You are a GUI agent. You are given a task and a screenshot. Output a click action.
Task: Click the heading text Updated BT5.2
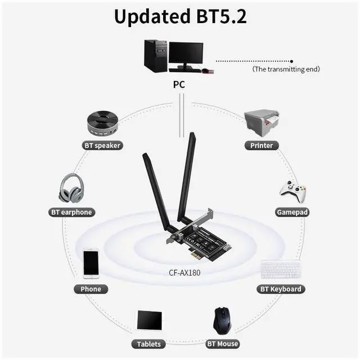pyautogui.click(x=180, y=17)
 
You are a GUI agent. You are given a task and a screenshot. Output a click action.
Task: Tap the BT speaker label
pyautogui.click(x=102, y=145)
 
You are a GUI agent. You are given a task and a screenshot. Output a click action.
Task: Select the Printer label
pyautogui.click(x=262, y=145)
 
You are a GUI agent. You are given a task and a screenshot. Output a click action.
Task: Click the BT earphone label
pyautogui.click(x=71, y=212)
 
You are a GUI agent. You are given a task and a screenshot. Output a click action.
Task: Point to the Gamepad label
pyautogui.click(x=292, y=212)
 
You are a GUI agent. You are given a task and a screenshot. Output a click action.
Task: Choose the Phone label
pyautogui.click(x=91, y=289)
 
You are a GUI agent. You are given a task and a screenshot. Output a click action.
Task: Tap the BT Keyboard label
pyautogui.click(x=281, y=289)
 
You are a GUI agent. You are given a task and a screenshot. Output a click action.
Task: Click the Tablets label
pyautogui.click(x=149, y=344)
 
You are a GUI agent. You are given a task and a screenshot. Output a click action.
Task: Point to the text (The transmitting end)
pyautogui.click(x=286, y=69)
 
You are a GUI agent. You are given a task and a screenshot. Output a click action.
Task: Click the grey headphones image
pyautogui.click(x=71, y=188)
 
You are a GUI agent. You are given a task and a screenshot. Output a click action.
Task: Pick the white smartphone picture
pyautogui.click(x=91, y=263)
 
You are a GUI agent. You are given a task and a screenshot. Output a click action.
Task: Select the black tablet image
pyautogui.click(x=150, y=321)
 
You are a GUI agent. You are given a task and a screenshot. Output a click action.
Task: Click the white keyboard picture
pyautogui.click(x=281, y=269)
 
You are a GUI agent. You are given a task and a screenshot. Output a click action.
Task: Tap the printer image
pyautogui.click(x=262, y=121)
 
